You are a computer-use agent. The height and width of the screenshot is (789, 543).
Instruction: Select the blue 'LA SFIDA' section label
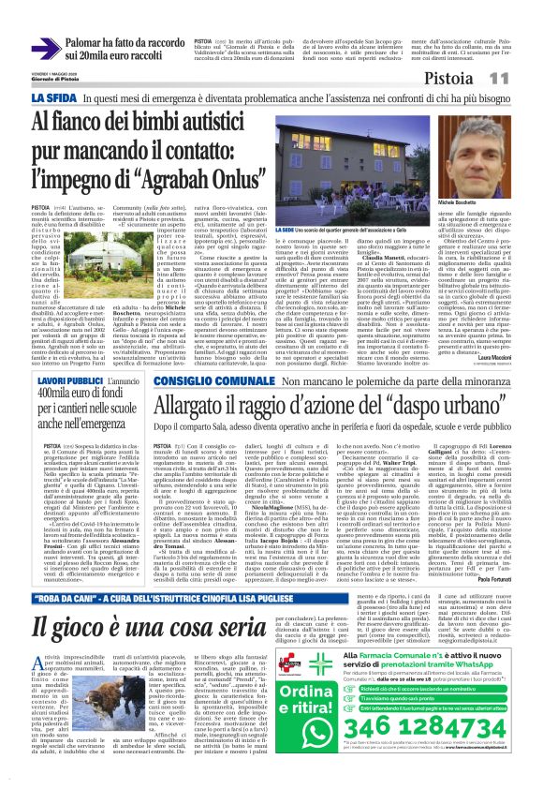click(53, 97)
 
